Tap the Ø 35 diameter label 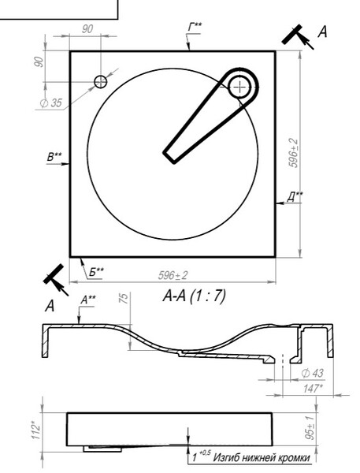[x=50, y=103]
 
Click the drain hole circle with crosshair [x=239, y=87]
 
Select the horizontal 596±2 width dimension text [x=173, y=275]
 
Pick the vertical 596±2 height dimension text [x=293, y=153]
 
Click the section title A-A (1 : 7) [x=194, y=296]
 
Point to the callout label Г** [x=195, y=27]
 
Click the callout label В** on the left [x=54, y=157]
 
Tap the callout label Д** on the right [x=295, y=196]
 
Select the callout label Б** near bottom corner [x=96, y=273]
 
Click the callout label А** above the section [x=88, y=300]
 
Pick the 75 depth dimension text [x=124, y=298]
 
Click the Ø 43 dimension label [x=313, y=374]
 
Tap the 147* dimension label [x=314, y=388]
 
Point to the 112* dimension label [x=36, y=432]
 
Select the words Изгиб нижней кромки [x=262, y=458]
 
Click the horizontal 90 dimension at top [x=87, y=29]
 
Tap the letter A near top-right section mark [x=322, y=32]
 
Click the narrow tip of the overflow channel [x=169, y=157]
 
